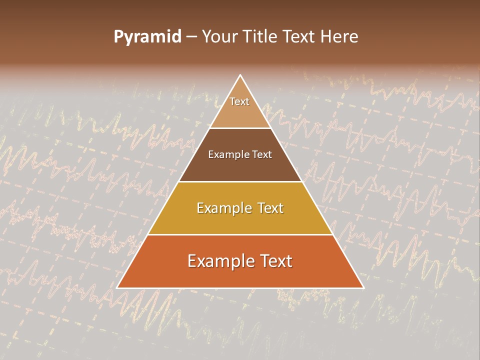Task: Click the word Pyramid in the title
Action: click(x=147, y=37)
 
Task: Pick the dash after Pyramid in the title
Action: click(x=191, y=37)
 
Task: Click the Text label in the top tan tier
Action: click(x=239, y=101)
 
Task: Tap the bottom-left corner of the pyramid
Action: click(x=117, y=288)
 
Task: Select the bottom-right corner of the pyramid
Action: click(x=363, y=288)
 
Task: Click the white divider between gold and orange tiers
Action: click(x=240, y=234)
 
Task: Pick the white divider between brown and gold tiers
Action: click(x=240, y=181)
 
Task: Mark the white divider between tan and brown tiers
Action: click(x=240, y=128)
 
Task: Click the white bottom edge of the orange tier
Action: click(x=240, y=288)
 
